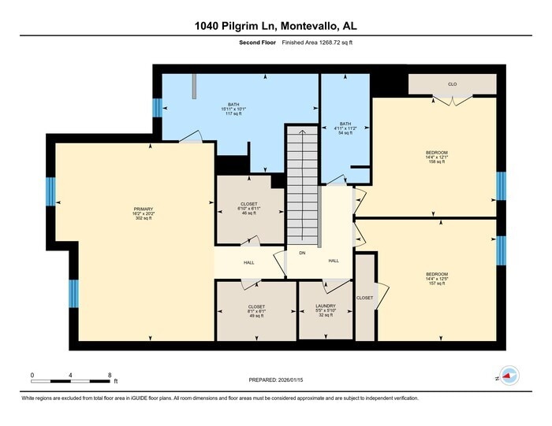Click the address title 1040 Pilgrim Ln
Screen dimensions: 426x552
click(x=275, y=27)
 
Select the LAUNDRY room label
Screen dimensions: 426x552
click(x=326, y=306)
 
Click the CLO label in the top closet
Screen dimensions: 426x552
click(x=452, y=83)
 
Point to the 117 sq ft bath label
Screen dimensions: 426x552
click(x=233, y=110)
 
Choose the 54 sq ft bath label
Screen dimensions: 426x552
click(x=345, y=128)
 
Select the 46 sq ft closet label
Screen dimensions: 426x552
click(x=249, y=209)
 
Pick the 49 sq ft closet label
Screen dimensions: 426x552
click(x=256, y=311)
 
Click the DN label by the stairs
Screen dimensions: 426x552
click(x=301, y=253)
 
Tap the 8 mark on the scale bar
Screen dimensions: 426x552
click(x=110, y=375)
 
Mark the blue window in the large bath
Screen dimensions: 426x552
click(x=157, y=108)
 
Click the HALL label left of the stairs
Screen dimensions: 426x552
click(x=249, y=263)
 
